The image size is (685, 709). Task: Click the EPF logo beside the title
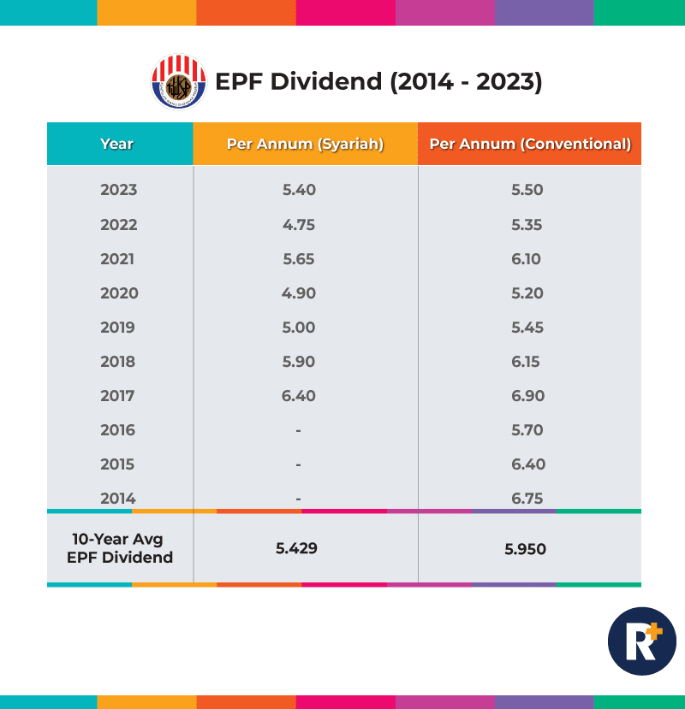pos(179,82)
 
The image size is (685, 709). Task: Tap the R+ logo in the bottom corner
pos(641,641)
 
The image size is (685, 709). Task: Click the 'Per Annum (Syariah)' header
pos(305,144)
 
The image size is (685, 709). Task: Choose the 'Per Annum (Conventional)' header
pos(530,144)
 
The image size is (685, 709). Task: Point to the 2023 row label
pos(118,190)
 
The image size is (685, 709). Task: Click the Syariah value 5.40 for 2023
pos(299,190)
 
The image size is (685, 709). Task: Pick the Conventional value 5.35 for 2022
pos(527,225)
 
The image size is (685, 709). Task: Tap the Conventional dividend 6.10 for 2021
pos(526,259)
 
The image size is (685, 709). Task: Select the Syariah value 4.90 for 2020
pos(299,293)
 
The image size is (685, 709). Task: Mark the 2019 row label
pos(118,328)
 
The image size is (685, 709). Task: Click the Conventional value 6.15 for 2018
pos(526,362)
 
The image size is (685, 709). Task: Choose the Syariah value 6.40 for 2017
pos(299,396)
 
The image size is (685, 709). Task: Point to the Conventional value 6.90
pos(527,396)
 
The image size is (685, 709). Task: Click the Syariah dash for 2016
pos(298,430)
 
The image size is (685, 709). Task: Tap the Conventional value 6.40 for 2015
pos(527,464)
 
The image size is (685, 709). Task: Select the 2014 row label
pos(118,499)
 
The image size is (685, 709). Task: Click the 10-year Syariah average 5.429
pos(296,548)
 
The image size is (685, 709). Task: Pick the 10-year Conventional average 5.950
pos(526,549)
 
